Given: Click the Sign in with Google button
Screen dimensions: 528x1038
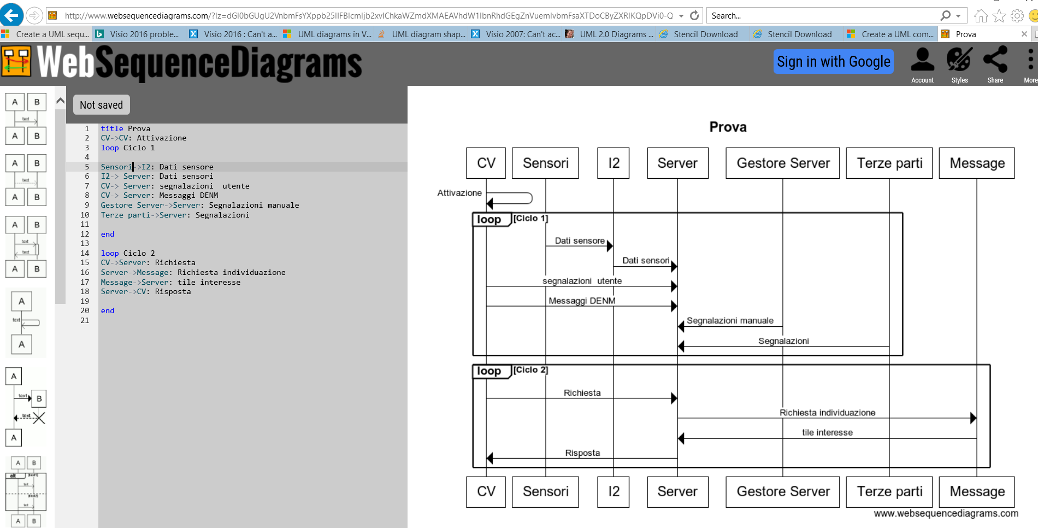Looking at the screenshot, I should click(x=833, y=62).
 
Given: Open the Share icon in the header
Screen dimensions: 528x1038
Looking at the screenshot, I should click(x=995, y=60).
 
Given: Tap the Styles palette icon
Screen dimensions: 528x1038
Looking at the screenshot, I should click(x=959, y=60).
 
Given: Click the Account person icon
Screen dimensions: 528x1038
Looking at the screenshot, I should click(x=922, y=60).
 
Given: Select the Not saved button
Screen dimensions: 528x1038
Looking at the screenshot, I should click(x=102, y=105).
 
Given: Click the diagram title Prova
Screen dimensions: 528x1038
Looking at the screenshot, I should click(x=728, y=127).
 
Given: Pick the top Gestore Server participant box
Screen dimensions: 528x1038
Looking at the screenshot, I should click(x=782, y=163).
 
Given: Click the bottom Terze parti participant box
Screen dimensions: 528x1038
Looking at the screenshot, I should click(x=889, y=491).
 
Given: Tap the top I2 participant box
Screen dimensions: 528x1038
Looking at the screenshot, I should click(x=614, y=163).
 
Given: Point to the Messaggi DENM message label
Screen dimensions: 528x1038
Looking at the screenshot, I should click(x=582, y=301).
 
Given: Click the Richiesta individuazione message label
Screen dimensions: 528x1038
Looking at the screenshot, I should click(x=827, y=413).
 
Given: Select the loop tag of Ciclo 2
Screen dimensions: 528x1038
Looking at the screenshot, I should click(x=489, y=371).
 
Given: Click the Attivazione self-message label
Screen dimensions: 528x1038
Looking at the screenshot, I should click(x=459, y=193).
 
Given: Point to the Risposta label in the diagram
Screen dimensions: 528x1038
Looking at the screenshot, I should click(x=582, y=453).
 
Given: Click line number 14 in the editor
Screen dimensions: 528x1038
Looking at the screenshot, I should click(x=85, y=253).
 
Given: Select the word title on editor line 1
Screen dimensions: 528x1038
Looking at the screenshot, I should click(x=112, y=128).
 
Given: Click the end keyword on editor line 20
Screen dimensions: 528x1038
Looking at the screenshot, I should click(x=108, y=310).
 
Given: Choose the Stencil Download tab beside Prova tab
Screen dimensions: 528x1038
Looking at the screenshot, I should click(x=799, y=34).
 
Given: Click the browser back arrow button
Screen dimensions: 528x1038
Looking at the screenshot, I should click(x=12, y=15).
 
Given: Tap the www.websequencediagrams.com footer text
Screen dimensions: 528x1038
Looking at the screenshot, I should click(x=946, y=513).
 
